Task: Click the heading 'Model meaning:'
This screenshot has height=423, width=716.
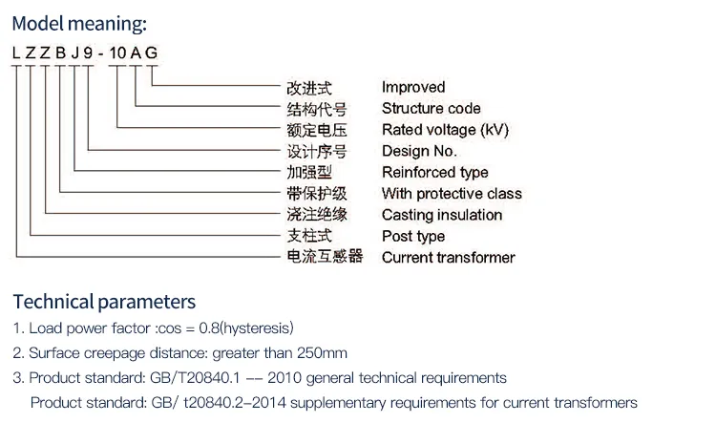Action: click(x=81, y=24)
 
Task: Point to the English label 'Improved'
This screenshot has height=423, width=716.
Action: click(x=413, y=87)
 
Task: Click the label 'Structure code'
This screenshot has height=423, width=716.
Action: click(x=431, y=108)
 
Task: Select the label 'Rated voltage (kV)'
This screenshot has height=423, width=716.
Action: click(x=445, y=129)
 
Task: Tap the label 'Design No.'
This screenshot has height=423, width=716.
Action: click(x=419, y=151)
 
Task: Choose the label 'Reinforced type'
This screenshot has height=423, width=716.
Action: click(x=434, y=172)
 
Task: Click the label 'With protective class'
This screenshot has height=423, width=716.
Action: click(x=452, y=193)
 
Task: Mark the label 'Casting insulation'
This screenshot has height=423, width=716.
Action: click(x=441, y=215)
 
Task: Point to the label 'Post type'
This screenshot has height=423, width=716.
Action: click(x=413, y=236)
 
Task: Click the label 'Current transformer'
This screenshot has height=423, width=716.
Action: click(x=448, y=257)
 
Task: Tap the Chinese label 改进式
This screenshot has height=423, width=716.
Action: click(x=309, y=87)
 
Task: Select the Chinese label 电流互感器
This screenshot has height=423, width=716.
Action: click(x=325, y=257)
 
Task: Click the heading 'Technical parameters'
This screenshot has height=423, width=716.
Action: click(x=104, y=302)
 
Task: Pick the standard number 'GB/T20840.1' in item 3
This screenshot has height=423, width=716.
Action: click(x=205, y=378)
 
